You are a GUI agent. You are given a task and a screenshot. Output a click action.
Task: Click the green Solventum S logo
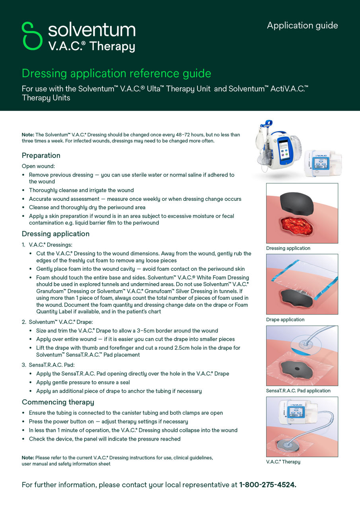pos(32,36)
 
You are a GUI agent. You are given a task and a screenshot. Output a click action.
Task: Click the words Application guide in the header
pos(302,25)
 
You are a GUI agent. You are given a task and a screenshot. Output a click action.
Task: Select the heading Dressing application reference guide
pos(116,74)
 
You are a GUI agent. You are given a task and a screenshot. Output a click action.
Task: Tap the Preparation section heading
pos(41,155)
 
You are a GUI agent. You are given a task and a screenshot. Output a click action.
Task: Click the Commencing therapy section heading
pos(58,402)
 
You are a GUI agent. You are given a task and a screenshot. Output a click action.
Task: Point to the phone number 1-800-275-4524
pos(267,485)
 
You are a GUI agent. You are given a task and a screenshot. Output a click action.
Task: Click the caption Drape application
pos(285,320)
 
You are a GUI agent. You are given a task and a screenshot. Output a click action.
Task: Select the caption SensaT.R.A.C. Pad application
pos(298,391)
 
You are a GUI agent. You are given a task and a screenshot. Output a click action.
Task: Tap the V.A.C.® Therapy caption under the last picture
pos(283,462)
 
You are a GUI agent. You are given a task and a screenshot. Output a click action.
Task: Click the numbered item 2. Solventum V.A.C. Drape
pos(60,322)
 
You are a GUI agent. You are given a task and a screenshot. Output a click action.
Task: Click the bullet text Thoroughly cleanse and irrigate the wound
pos(81,190)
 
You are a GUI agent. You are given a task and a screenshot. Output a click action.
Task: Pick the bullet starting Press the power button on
pos(108,422)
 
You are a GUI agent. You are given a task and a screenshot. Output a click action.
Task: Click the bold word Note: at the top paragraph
pos(28,135)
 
